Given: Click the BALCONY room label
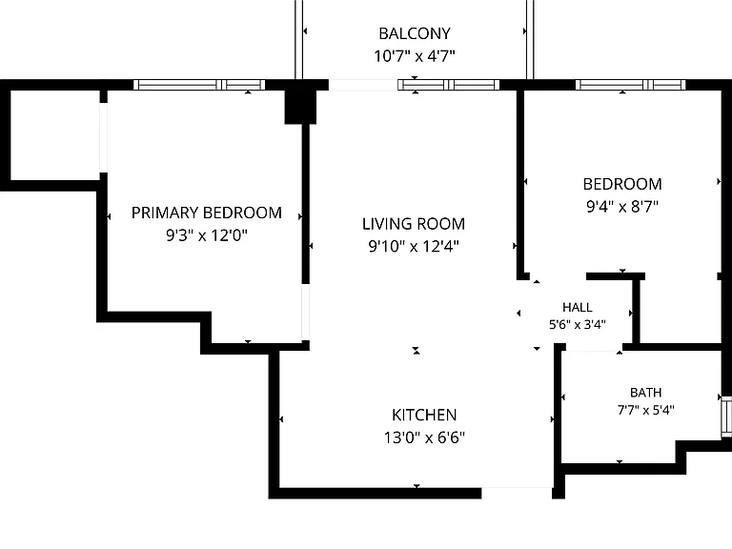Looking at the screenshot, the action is [415, 33].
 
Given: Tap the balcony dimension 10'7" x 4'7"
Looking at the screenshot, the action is [415, 56].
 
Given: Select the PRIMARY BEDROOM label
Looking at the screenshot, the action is [206, 213].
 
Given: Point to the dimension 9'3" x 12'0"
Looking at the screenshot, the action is [206, 234].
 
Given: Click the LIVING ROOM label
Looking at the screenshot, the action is [414, 224].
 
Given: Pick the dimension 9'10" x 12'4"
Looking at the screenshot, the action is [414, 246].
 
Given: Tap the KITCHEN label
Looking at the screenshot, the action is [424, 415].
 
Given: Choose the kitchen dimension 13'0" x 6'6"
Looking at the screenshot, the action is [424, 437].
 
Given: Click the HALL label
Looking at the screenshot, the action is [578, 307].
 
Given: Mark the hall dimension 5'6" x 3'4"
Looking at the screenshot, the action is [578, 324].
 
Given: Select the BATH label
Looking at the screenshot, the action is [645, 393].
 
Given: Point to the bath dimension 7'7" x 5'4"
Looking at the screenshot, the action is [645, 410].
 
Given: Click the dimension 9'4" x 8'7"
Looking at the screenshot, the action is [622, 206].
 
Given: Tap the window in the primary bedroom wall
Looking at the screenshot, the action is [199, 85].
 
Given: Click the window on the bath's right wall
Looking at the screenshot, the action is [726, 417].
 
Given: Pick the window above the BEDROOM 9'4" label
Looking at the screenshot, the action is [631, 85].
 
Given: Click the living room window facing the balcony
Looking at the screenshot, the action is [449, 85].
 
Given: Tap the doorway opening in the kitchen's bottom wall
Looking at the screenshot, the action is [517, 493].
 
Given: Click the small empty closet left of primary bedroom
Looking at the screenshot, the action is [55, 135].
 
